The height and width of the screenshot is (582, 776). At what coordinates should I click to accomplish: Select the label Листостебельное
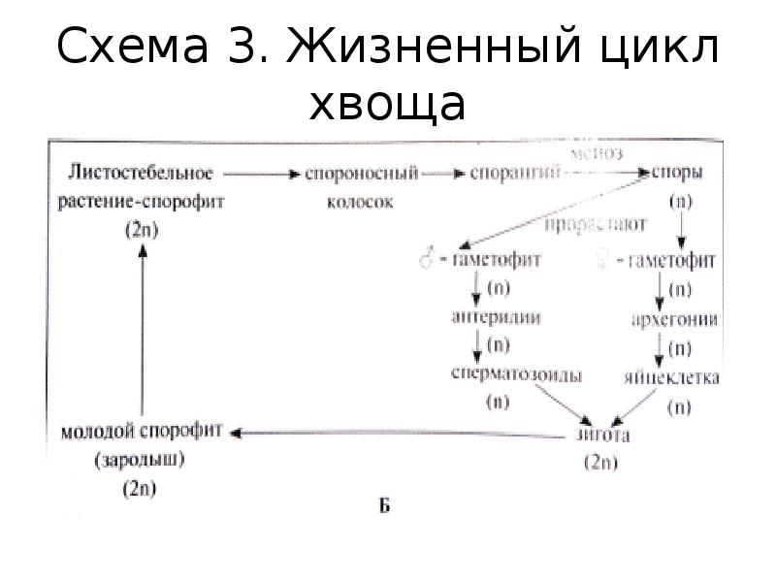pyautogui.click(x=141, y=174)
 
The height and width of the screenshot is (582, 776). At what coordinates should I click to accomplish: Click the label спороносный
pyautogui.click(x=361, y=175)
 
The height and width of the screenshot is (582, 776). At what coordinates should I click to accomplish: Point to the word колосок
pyautogui.click(x=362, y=202)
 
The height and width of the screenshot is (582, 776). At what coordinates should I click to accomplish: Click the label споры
pyautogui.click(x=678, y=175)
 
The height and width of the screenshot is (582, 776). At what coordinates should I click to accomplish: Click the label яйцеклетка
pyautogui.click(x=673, y=376)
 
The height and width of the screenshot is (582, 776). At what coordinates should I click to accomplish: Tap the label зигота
pyautogui.click(x=603, y=435)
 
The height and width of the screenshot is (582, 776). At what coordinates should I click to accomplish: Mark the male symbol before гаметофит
pyautogui.click(x=424, y=260)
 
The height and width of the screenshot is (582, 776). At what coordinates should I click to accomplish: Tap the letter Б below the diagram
pyautogui.click(x=384, y=508)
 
